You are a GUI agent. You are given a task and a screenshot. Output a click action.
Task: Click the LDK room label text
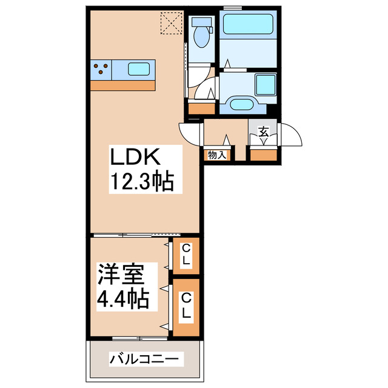pyautogui.click(x=135, y=158)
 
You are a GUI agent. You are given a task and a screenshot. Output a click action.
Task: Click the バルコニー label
pyautogui.click(x=144, y=359)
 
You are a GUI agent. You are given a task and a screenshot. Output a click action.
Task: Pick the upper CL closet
pyautogui.click(x=187, y=255)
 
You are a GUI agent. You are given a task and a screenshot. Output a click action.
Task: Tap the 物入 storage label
pyautogui.click(x=216, y=155)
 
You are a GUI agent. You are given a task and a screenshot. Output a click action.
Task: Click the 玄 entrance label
pyautogui.click(x=264, y=131)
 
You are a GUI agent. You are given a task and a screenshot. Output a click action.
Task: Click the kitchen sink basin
pyautogui.click(x=139, y=69)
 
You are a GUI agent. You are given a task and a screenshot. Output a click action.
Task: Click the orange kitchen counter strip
pyautogui.click(x=123, y=85)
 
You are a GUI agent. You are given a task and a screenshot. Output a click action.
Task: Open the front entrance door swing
pyautogui.click(x=291, y=135)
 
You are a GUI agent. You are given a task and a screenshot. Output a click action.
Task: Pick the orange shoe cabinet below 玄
pyautogui.click(x=264, y=155)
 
